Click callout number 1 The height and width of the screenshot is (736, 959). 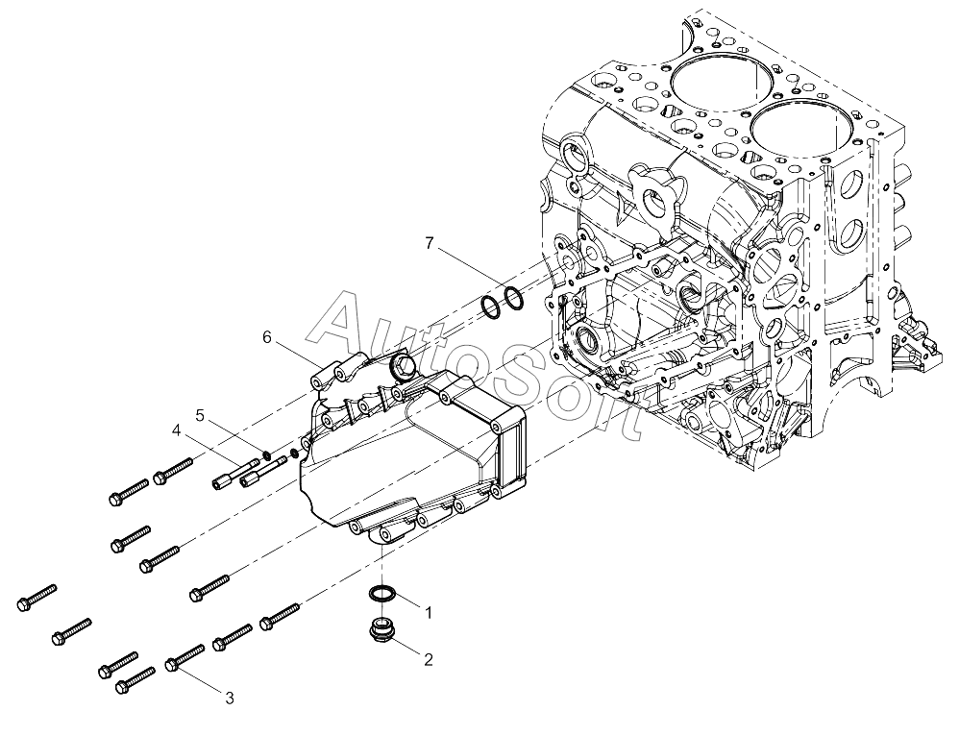pyautogui.click(x=429, y=611)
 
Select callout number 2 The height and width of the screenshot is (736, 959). pyautogui.click(x=429, y=659)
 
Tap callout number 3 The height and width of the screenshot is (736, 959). pyautogui.click(x=229, y=698)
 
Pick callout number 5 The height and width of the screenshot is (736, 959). pyautogui.click(x=201, y=414)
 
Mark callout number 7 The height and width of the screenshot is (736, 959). pyautogui.click(x=429, y=243)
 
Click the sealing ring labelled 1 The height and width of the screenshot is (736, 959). pyautogui.click(x=383, y=593)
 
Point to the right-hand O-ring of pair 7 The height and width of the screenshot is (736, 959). pyautogui.click(x=513, y=299)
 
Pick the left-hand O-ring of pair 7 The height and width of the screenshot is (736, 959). pyautogui.click(x=490, y=307)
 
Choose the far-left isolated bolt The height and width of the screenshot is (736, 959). pyautogui.click(x=37, y=597)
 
